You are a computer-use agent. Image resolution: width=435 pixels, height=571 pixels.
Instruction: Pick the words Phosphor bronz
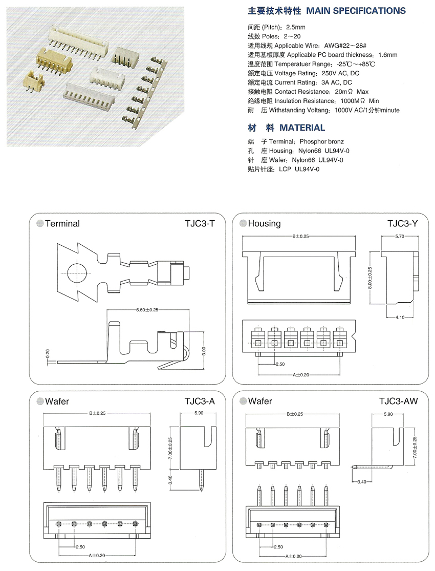[322, 141]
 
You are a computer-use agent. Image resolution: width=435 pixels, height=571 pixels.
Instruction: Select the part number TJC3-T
[200, 224]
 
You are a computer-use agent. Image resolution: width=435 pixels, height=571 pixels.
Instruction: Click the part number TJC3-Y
[403, 224]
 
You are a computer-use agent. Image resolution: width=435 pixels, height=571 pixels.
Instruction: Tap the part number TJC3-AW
[399, 401]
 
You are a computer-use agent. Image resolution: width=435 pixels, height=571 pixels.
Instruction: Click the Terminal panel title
[62, 224]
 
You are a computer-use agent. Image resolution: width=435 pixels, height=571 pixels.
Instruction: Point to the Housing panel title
[264, 224]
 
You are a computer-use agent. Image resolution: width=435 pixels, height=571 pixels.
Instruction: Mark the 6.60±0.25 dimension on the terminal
[147, 310]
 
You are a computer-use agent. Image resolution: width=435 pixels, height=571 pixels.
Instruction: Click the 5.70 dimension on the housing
[400, 237]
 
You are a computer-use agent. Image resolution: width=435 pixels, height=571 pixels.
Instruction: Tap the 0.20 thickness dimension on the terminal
[48, 353]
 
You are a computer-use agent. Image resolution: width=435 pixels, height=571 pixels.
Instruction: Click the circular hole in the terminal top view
[78, 273]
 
